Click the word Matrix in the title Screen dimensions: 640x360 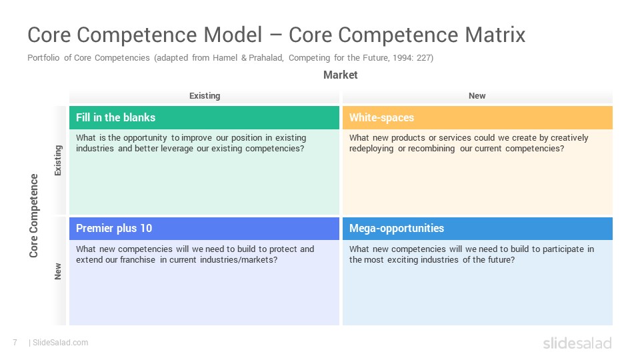(495, 35)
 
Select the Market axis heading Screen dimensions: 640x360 (341, 75)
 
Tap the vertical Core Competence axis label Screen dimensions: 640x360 (33, 215)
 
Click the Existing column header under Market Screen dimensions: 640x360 (205, 96)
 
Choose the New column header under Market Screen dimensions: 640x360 (477, 96)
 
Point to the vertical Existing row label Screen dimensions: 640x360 (58, 161)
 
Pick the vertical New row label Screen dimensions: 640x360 (58, 271)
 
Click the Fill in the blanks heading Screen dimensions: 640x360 (115, 117)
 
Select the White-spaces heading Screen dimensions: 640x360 (381, 117)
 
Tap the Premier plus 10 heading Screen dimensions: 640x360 (114, 228)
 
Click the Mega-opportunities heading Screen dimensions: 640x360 (396, 228)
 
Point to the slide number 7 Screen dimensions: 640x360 (15, 343)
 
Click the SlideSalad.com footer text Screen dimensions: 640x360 (60, 343)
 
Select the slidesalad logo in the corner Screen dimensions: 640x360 (577, 343)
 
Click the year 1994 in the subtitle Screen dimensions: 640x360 (403, 58)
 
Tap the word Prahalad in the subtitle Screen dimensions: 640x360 (266, 58)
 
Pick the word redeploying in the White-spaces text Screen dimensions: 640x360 (371, 149)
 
